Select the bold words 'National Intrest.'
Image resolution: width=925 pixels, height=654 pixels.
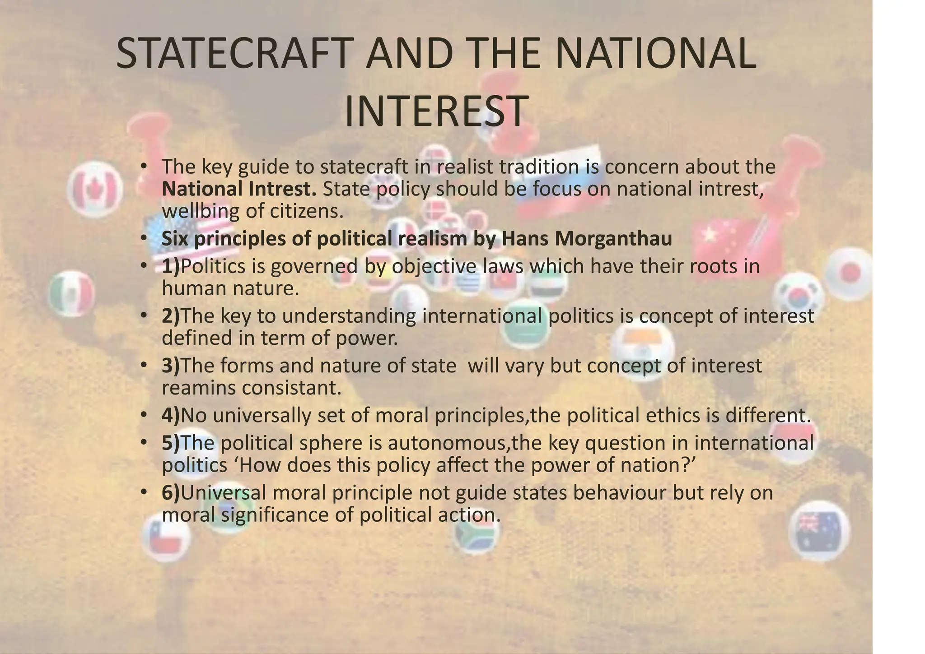239,189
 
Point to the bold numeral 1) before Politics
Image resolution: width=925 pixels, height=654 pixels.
170,266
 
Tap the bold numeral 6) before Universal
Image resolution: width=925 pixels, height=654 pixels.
170,492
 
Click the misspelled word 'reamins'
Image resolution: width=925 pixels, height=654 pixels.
198,388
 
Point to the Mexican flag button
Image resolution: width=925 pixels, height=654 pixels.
71,294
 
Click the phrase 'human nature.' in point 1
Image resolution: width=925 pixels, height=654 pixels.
230,288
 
